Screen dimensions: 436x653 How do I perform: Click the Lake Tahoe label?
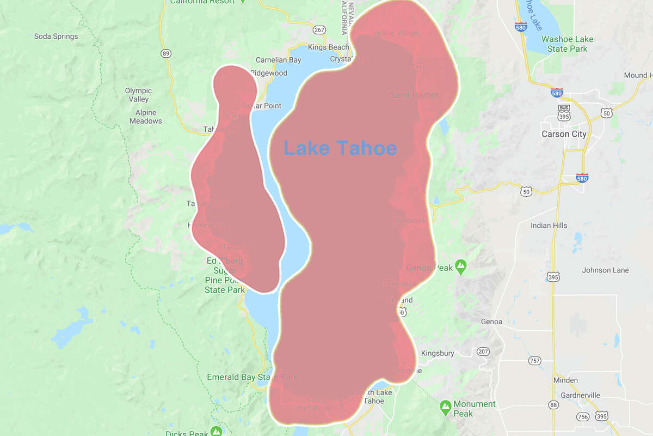pyautogui.click(x=340, y=148)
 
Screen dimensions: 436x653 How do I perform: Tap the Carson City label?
pyautogui.click(x=564, y=134)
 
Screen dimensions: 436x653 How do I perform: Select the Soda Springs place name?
pyautogui.click(x=56, y=37)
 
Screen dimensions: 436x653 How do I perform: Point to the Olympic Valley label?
pyautogui.click(x=138, y=95)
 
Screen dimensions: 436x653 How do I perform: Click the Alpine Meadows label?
pyautogui.click(x=145, y=117)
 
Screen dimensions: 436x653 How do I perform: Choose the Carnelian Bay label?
pyautogui.click(x=278, y=60)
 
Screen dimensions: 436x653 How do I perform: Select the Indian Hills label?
pyautogui.click(x=549, y=226)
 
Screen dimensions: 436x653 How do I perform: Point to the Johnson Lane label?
pyautogui.click(x=605, y=270)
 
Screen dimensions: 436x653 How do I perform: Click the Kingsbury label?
pyautogui.click(x=438, y=353)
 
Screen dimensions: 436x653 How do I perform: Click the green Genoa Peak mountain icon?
pyautogui.click(x=461, y=267)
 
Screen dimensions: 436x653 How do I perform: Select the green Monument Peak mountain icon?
pyautogui.click(x=445, y=406)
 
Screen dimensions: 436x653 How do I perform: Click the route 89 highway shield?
pyautogui.click(x=166, y=53)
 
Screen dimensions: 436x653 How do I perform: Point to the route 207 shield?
pyautogui.click(x=483, y=352)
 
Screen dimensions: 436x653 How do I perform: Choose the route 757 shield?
pyautogui.click(x=535, y=361)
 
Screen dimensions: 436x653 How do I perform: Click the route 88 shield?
pyautogui.click(x=553, y=404)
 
